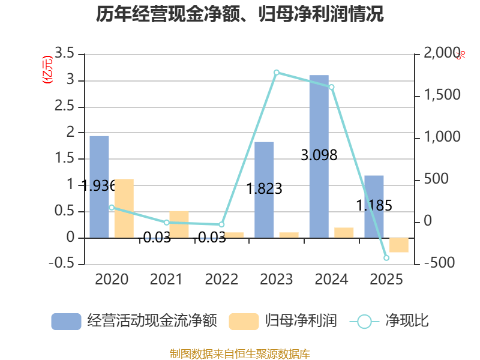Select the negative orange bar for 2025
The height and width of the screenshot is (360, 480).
pyautogui.click(x=398, y=245)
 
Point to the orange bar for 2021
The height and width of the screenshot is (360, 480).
pyautogui.click(x=179, y=224)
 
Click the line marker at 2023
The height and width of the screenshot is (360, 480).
pyautogui.click(x=276, y=73)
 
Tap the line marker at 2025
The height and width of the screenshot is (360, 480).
pyautogui.click(x=386, y=258)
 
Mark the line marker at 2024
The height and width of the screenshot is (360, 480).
pyautogui.click(x=331, y=87)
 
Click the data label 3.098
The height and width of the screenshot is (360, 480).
pyautogui.click(x=319, y=155)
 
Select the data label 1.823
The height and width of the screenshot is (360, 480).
pyautogui.click(x=265, y=189)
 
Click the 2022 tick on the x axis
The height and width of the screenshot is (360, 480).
pyautogui.click(x=221, y=279)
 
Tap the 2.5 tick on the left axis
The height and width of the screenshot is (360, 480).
pyautogui.click(x=65, y=107)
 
